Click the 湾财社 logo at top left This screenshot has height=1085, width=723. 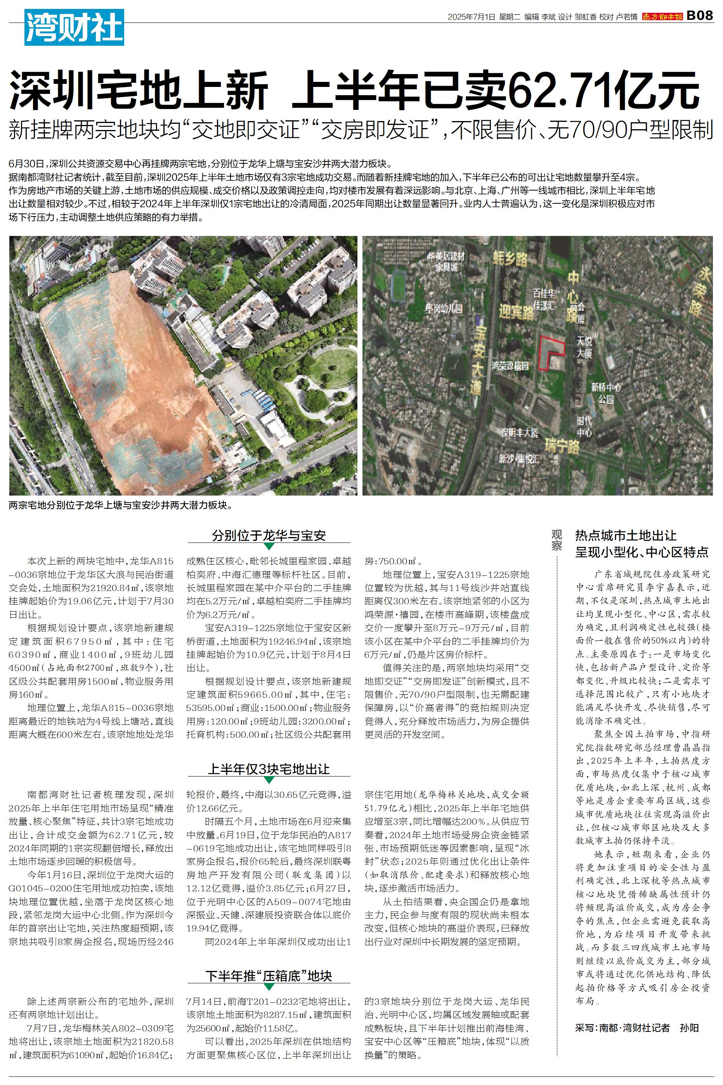tap(74, 28)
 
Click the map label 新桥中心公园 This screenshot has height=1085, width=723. tap(606, 392)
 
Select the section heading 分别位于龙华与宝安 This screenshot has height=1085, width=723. tap(269, 536)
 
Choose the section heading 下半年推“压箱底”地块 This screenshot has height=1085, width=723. tap(269, 976)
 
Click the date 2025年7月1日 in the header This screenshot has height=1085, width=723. tap(471, 17)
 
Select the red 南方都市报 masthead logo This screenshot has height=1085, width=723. tap(662, 17)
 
